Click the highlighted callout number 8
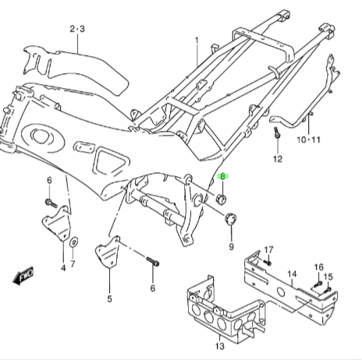point(222,177)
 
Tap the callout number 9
point(231,247)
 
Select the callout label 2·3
point(77,29)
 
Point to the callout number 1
point(197,41)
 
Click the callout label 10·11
point(309,139)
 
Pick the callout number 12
point(278,159)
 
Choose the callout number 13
point(220,346)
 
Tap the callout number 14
point(292,274)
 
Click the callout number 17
point(268,250)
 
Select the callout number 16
point(319,267)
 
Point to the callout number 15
point(328,277)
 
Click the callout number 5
point(109,298)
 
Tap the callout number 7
point(73,263)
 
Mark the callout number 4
point(63,268)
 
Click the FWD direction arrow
point(23,276)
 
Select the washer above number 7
point(74,242)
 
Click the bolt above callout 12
point(278,132)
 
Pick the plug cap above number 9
point(230,219)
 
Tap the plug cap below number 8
point(222,199)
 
